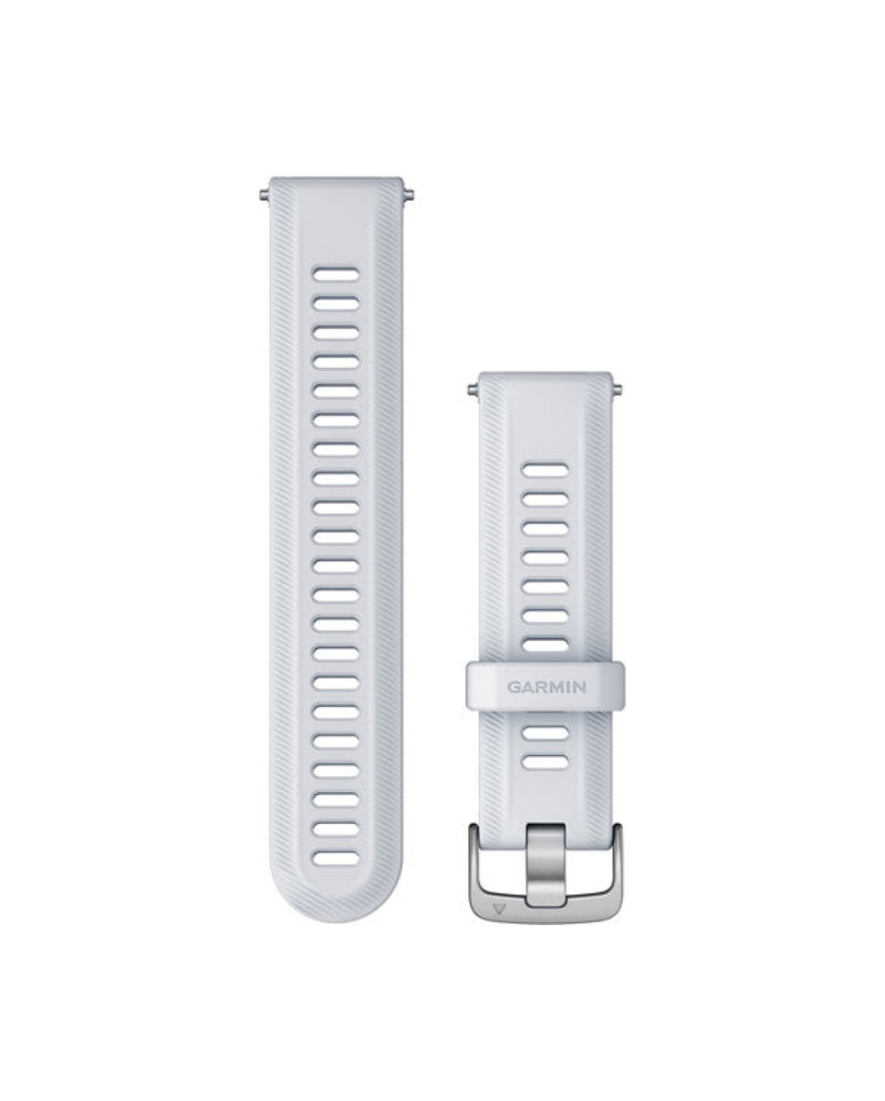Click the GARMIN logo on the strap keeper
[546, 687]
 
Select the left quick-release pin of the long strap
[265, 195]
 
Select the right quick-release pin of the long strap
[408, 195]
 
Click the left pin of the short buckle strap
[473, 389]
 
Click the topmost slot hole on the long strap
[336, 274]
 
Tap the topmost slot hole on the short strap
[545, 470]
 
